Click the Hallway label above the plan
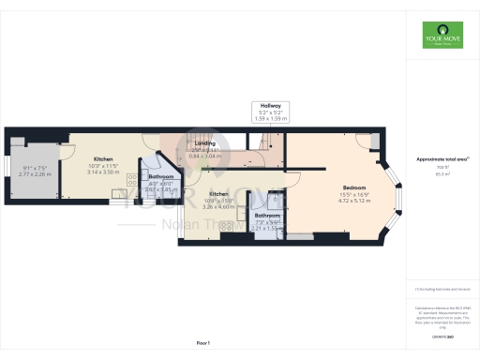tap(272, 106)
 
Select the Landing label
tap(205, 143)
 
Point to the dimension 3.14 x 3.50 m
tap(103, 172)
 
